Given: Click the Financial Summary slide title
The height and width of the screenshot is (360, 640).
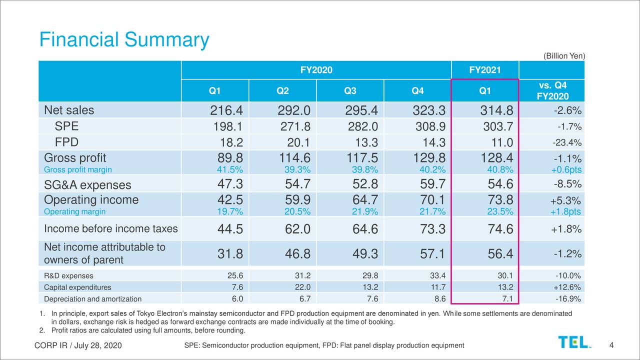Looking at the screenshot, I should (x=124, y=40).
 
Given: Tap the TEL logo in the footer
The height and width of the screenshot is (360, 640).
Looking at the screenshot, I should (x=574, y=342).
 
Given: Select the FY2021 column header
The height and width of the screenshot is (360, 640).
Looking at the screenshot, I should (x=484, y=70).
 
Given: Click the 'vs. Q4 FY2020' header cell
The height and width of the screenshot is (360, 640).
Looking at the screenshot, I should (x=553, y=90).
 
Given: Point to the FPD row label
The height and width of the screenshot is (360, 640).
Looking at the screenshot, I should (x=66, y=141).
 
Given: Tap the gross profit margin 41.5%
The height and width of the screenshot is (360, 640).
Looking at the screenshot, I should (x=229, y=169).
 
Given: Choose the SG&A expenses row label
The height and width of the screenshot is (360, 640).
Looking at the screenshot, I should (x=87, y=185).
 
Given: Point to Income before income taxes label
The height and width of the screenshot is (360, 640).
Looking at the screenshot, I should (x=110, y=229).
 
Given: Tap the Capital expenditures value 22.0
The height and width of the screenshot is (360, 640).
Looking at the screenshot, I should (x=302, y=287).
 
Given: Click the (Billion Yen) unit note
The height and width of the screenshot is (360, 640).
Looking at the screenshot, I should (x=563, y=56).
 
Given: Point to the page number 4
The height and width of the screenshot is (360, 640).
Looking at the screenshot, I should (x=612, y=345).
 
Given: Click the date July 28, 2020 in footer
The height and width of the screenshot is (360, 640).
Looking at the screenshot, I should (x=98, y=346).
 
